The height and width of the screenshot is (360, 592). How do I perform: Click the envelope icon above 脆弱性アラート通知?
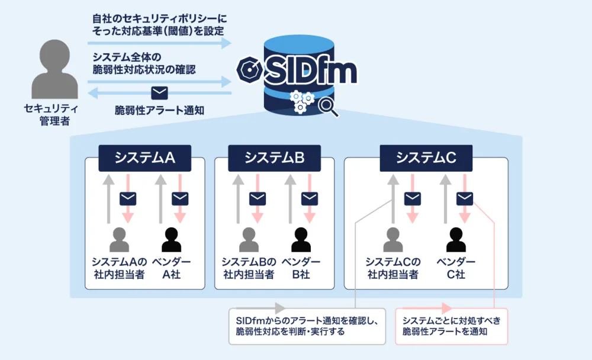coord(159,92)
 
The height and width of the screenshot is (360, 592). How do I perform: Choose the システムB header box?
coord(274,157)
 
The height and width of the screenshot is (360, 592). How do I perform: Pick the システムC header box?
coord(426,157)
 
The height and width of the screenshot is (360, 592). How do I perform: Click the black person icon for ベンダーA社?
coord(172,240)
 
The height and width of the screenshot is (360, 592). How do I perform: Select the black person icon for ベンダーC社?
coord(456,240)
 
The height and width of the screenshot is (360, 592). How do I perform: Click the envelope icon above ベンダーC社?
coord(465,198)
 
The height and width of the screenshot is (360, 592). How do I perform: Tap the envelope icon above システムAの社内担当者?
coord(128,198)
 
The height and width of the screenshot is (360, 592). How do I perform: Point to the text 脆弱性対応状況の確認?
coord(144,69)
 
